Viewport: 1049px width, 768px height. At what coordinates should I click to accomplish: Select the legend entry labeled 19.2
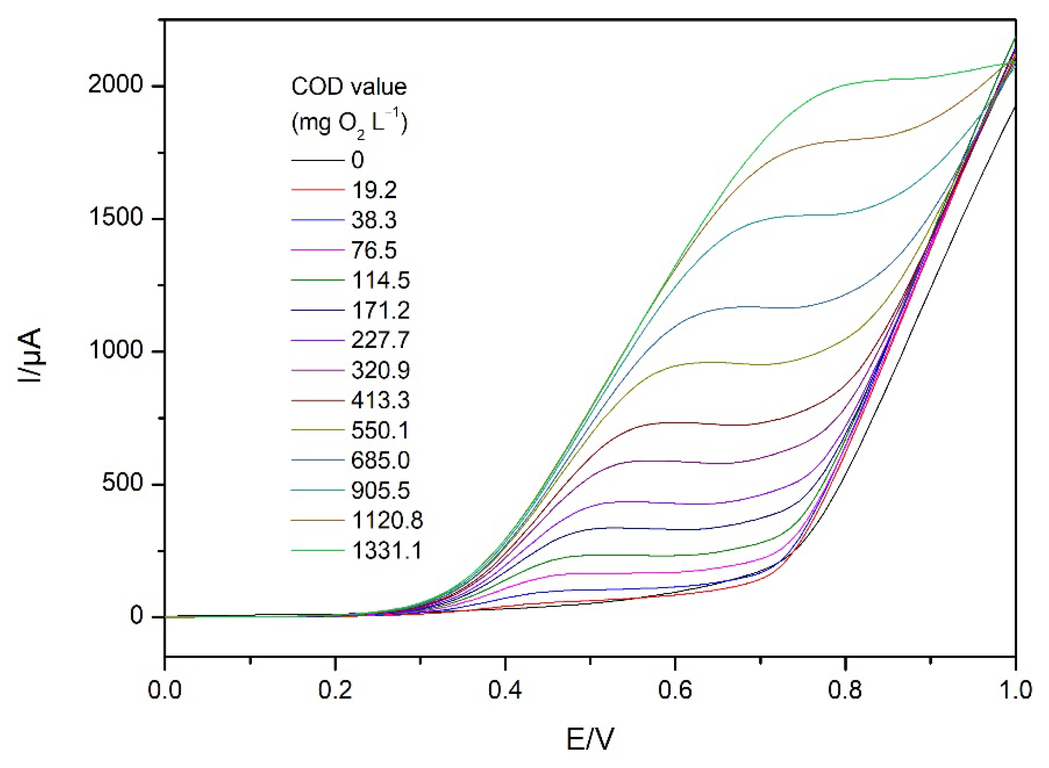point(374,190)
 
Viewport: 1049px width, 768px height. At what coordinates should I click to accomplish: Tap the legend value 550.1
point(380,431)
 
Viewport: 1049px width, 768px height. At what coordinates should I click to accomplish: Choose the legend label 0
point(357,160)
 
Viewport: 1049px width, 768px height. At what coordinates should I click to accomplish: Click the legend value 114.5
point(380,280)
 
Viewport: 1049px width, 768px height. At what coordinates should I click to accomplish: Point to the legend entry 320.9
point(380,371)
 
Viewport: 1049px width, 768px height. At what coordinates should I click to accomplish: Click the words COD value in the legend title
point(349,87)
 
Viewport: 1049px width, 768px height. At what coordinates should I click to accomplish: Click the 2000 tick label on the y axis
point(115,86)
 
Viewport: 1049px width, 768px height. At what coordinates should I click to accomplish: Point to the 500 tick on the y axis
point(122,484)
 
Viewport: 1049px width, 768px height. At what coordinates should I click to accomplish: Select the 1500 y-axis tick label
point(115,219)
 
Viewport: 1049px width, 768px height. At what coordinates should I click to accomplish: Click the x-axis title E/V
point(590,739)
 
